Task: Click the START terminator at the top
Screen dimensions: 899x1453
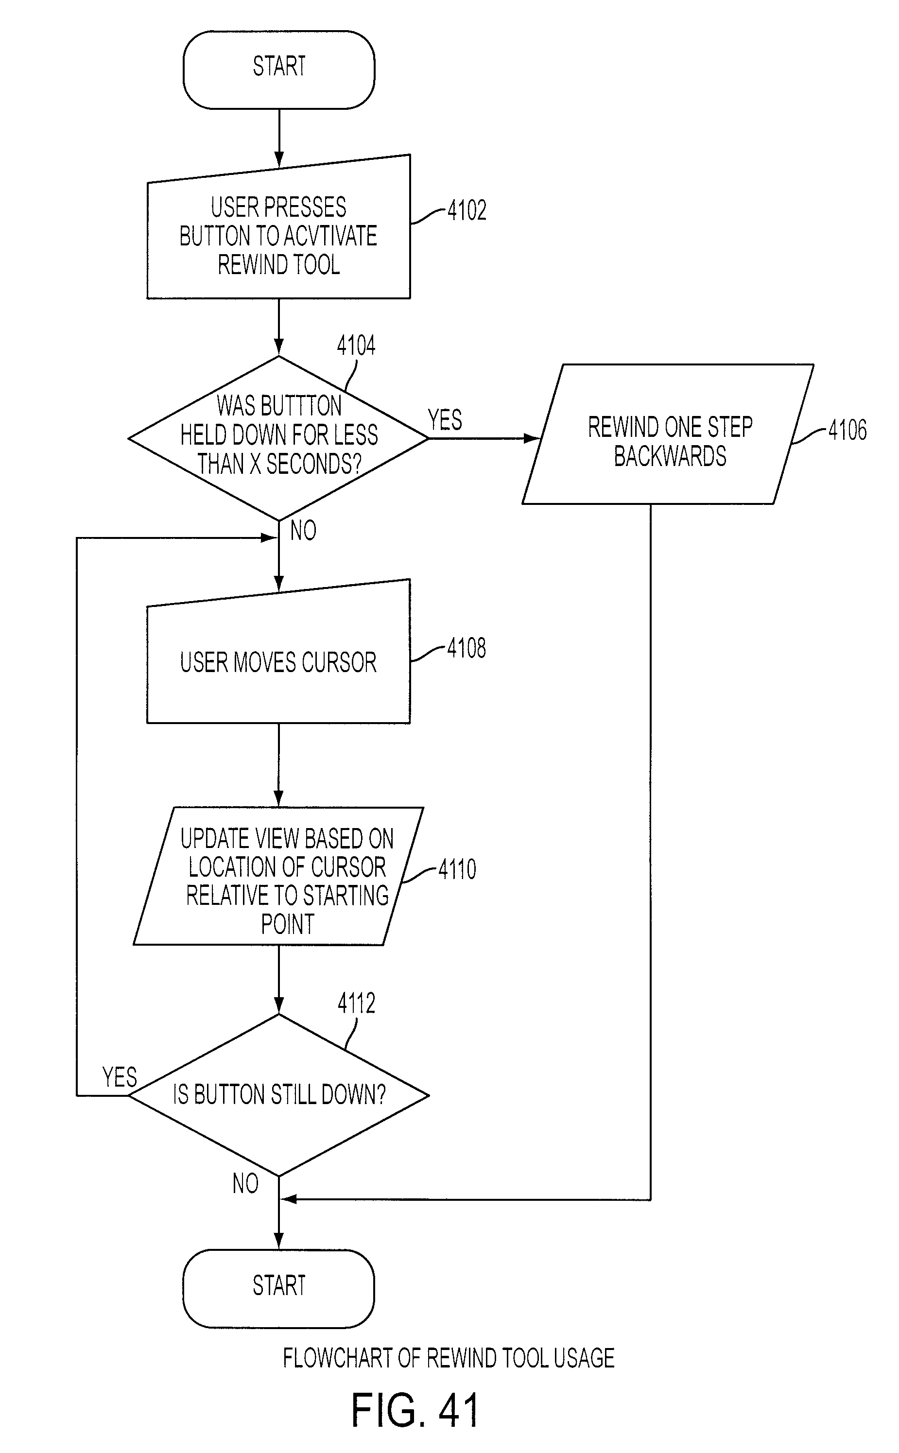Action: point(279,70)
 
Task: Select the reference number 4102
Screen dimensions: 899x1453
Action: point(467,210)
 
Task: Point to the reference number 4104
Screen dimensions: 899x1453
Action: point(356,346)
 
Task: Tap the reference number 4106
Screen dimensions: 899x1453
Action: point(847,430)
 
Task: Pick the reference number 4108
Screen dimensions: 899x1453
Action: point(467,648)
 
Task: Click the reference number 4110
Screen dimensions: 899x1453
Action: point(457,869)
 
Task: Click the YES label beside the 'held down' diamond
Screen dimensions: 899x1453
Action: point(445,420)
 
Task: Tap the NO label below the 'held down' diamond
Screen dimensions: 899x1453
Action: point(303,530)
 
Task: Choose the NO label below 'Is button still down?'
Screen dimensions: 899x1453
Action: point(245,1184)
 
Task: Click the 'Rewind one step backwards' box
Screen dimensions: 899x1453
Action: point(668,434)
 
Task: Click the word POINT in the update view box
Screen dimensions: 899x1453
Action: point(288,924)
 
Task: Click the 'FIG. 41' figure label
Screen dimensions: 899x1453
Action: point(415,1410)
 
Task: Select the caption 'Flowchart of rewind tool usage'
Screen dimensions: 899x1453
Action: point(449,1358)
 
